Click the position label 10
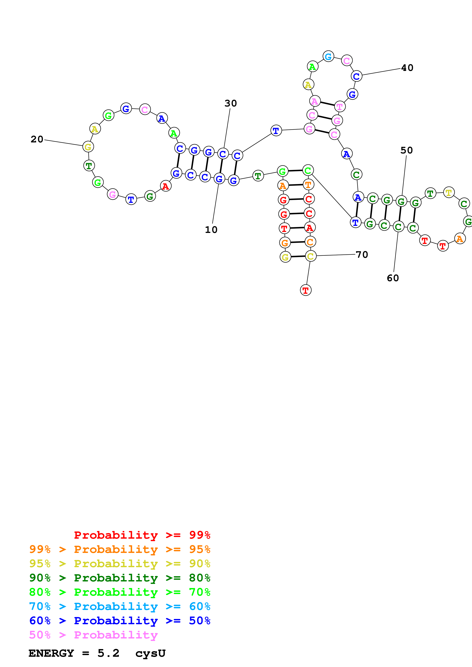211,230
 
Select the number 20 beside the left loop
37,139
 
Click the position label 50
407,150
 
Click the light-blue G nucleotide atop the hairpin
328,56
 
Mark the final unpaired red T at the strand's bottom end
305,290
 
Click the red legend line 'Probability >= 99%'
142,535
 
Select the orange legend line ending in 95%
120,549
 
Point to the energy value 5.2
108,653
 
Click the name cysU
150,653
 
